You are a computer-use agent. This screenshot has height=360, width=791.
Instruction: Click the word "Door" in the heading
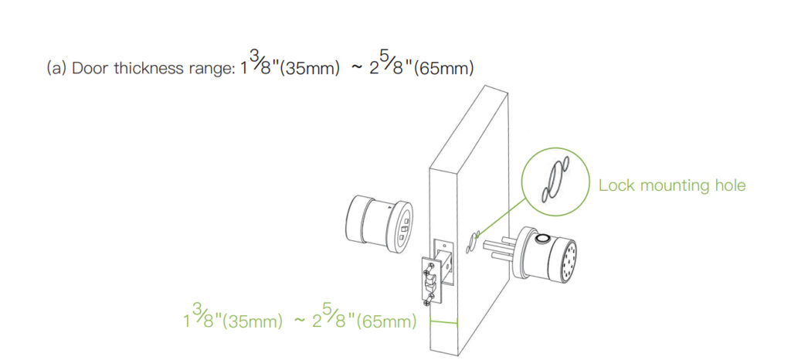coord(91,68)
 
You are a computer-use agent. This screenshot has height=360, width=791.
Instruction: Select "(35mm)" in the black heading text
coord(309,69)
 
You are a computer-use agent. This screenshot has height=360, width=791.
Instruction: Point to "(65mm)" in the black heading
coord(443,69)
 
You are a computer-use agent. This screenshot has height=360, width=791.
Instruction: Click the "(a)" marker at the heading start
coord(56,69)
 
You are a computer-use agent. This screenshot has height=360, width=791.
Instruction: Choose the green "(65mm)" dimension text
coord(386,321)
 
